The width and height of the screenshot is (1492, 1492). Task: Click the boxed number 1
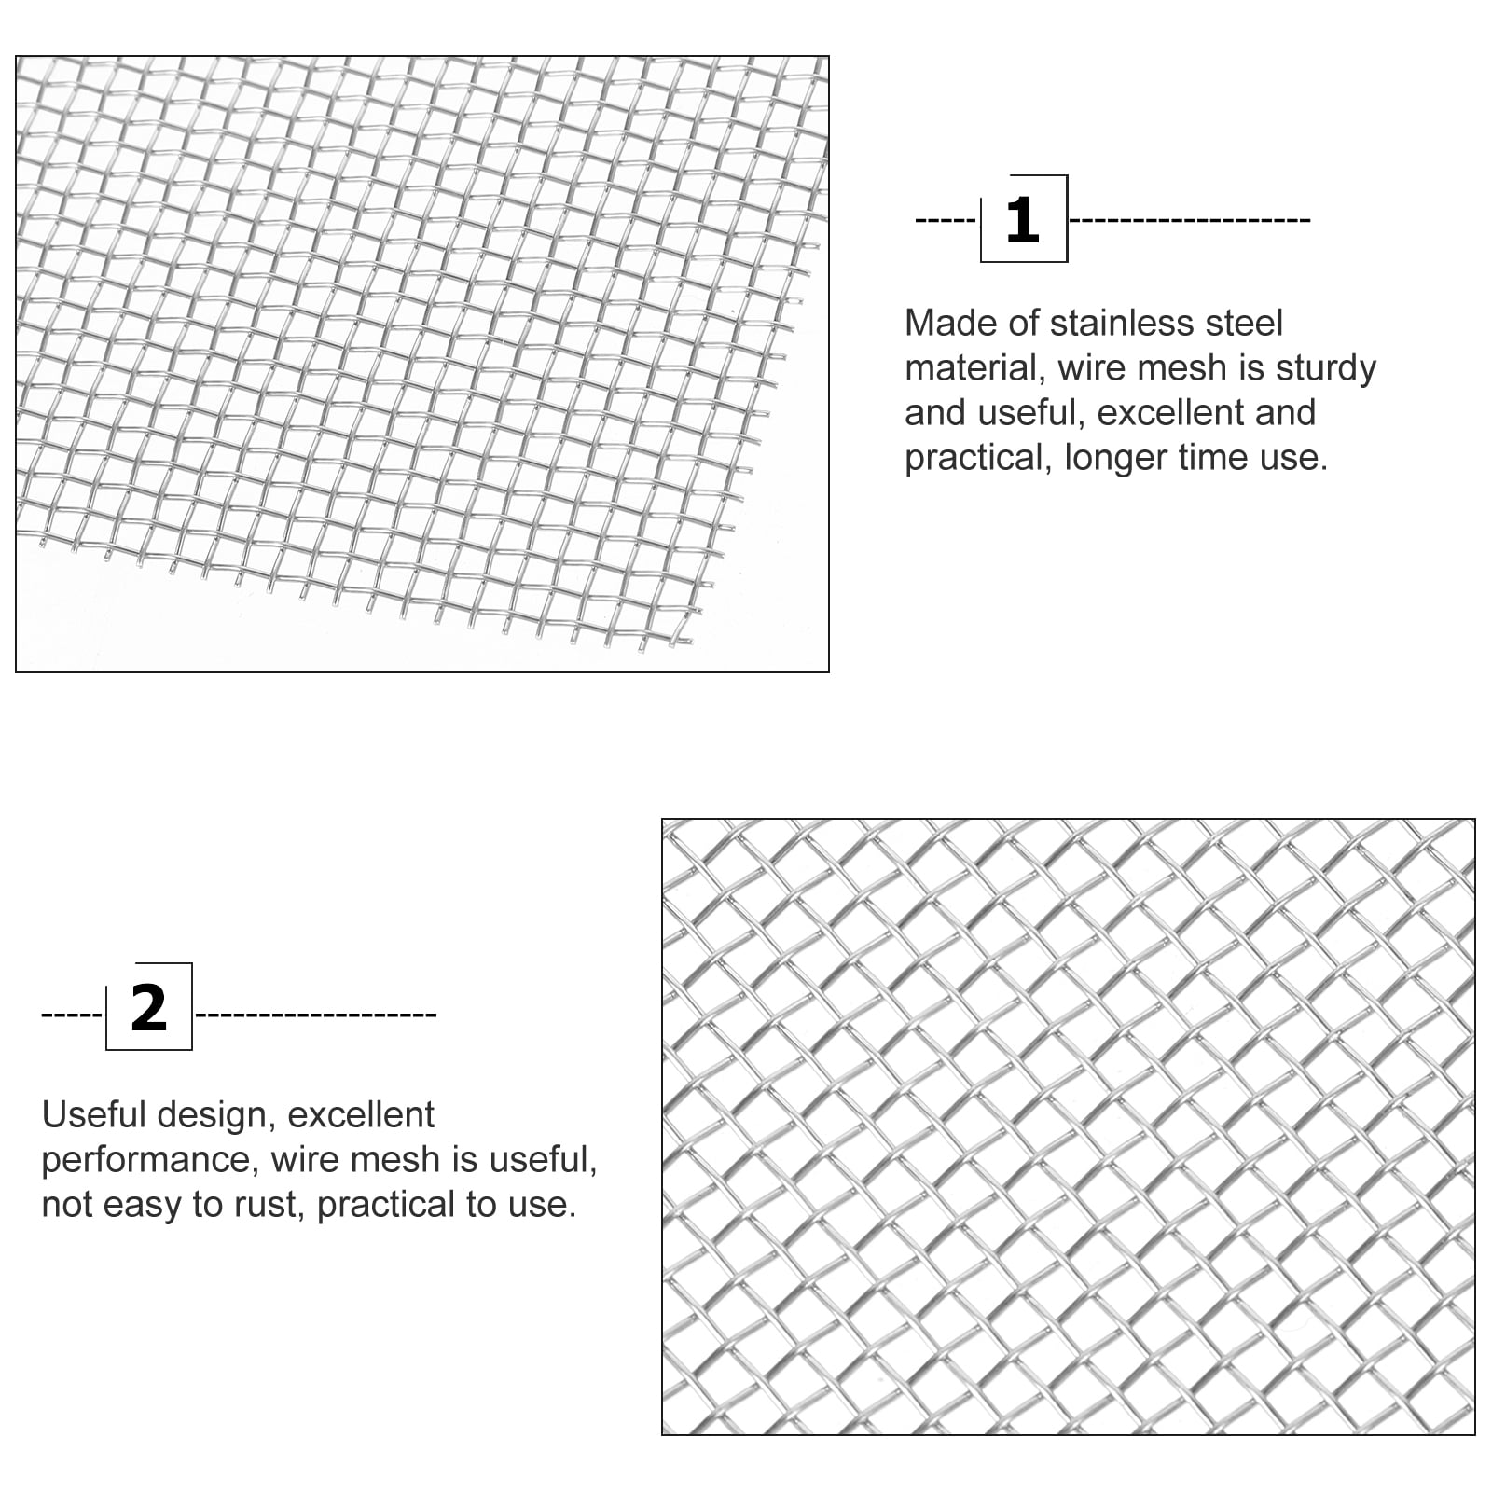pyautogui.click(x=1022, y=220)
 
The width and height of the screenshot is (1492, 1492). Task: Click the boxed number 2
pyautogui.click(x=148, y=1008)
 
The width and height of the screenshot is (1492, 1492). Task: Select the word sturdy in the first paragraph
pyautogui.click(x=1325, y=367)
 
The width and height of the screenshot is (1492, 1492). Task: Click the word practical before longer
pyautogui.click(x=976, y=458)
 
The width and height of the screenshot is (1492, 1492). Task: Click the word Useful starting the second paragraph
pyautogui.click(x=94, y=1115)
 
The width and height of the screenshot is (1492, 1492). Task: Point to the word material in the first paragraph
pyautogui.click(x=974, y=367)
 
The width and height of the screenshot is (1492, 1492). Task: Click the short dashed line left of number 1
pyautogui.click(x=945, y=221)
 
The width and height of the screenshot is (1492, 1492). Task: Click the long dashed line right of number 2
pyautogui.click(x=316, y=1014)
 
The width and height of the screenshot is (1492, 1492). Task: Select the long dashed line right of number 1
pyautogui.click(x=1190, y=221)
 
